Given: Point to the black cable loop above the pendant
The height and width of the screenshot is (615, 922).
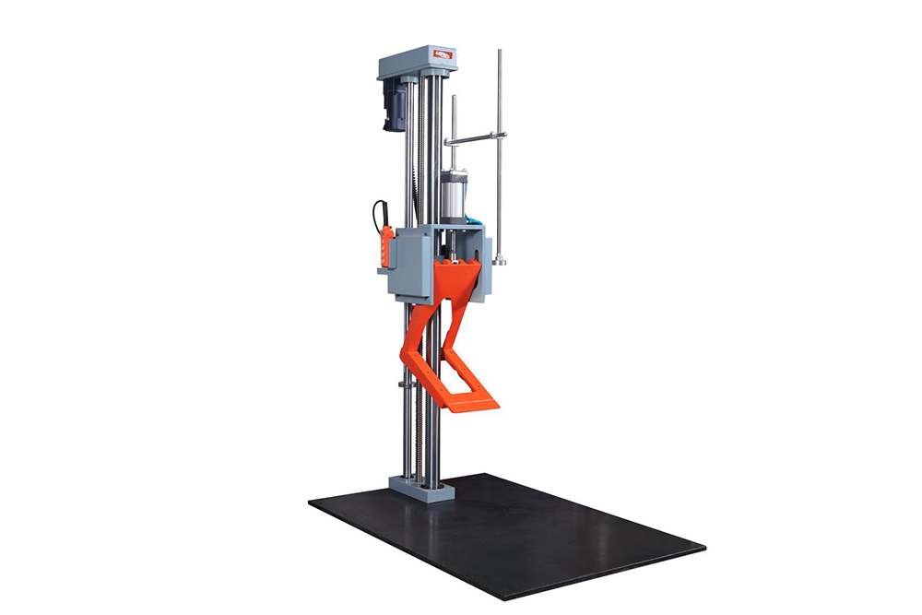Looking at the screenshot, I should pyautogui.click(x=376, y=212).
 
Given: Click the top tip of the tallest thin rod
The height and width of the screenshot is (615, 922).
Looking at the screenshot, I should pyautogui.click(x=500, y=53).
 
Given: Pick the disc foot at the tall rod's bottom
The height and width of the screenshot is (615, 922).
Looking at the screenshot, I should pyautogui.click(x=499, y=263).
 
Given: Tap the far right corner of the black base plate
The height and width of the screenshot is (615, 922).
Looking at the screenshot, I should pyautogui.click(x=704, y=547).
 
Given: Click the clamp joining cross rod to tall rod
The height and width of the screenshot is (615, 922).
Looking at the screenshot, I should pyautogui.click(x=500, y=136).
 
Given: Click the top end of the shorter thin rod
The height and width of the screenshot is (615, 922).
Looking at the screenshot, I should pyautogui.click(x=454, y=98).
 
